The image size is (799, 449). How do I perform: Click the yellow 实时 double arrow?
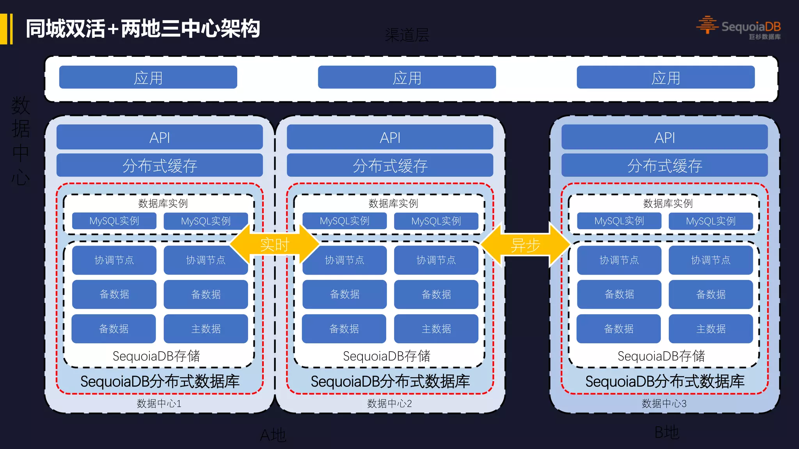[275, 245]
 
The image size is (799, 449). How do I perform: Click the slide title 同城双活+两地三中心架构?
[143, 29]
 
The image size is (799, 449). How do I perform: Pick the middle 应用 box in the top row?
[407, 78]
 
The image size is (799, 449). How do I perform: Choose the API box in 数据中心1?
[160, 137]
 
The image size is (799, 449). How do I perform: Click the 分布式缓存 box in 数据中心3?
[664, 166]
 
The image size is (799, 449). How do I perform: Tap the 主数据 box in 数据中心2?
[436, 329]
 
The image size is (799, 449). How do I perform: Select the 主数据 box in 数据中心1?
[206, 329]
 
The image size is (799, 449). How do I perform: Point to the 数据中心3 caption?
[664, 403]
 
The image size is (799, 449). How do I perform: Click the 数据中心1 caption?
[159, 403]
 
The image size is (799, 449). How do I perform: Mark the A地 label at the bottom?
[273, 435]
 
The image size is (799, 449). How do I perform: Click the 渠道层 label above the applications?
[407, 35]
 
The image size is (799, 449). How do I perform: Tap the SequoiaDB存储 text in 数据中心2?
[386, 356]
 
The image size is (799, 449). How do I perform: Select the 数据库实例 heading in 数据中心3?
[668, 203]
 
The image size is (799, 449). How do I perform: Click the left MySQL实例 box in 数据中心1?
[114, 221]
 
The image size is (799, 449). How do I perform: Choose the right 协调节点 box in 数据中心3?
[710, 260]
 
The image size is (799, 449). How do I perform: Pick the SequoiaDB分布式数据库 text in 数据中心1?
[160, 381]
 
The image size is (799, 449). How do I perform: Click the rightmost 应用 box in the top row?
[666, 78]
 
